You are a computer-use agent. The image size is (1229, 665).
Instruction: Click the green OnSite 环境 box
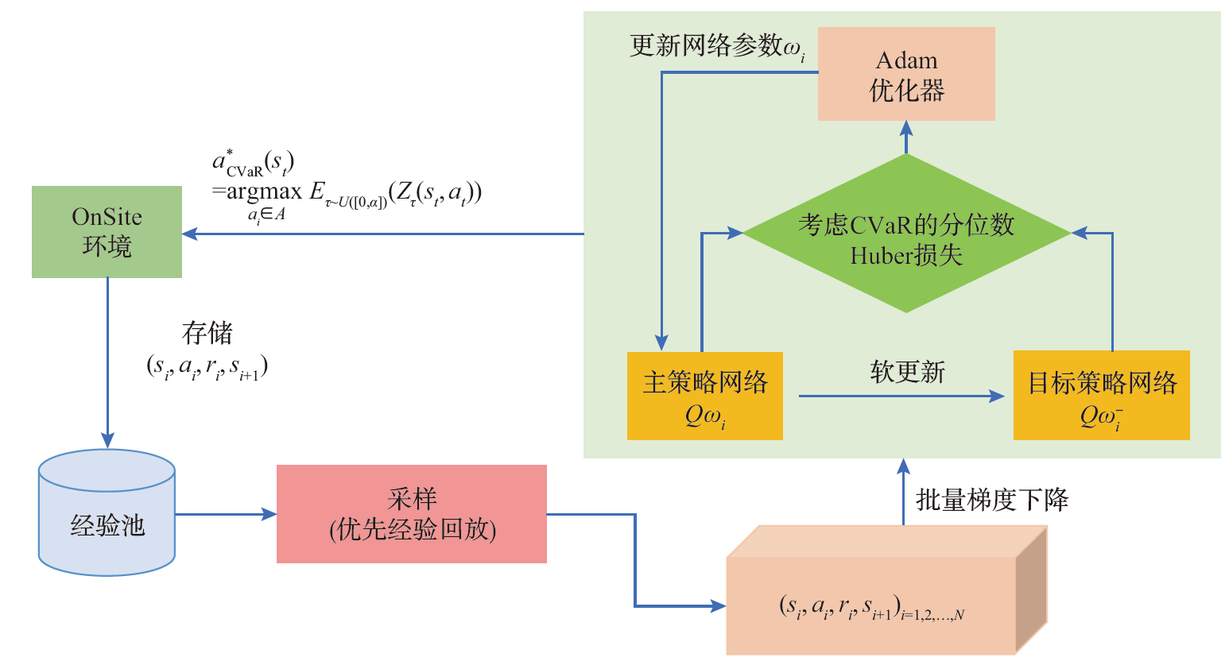[x=107, y=232]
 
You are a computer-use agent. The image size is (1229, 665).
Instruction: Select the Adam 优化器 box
[x=906, y=74]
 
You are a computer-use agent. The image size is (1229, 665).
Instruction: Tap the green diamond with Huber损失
[x=906, y=234]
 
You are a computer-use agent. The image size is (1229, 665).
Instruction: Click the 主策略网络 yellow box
[x=705, y=396]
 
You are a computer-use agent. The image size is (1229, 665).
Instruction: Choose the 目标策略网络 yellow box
[x=1102, y=396]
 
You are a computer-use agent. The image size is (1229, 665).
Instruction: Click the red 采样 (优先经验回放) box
[x=412, y=514]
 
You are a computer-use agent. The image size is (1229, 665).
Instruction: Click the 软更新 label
[x=907, y=372]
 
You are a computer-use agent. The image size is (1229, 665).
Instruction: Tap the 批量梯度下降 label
[x=992, y=500]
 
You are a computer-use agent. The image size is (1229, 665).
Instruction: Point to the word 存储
[x=207, y=333]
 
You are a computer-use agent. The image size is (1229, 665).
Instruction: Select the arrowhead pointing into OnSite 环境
[x=190, y=234]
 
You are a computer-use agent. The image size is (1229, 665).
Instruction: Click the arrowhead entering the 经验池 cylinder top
[x=107, y=440]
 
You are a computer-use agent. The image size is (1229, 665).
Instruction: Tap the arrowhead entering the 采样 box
[x=269, y=514]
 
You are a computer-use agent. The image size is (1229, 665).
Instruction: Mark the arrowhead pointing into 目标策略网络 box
[x=997, y=396]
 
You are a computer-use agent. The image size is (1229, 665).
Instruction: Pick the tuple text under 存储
[x=207, y=366]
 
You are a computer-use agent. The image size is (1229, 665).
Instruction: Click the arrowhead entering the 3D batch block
[x=719, y=606]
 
